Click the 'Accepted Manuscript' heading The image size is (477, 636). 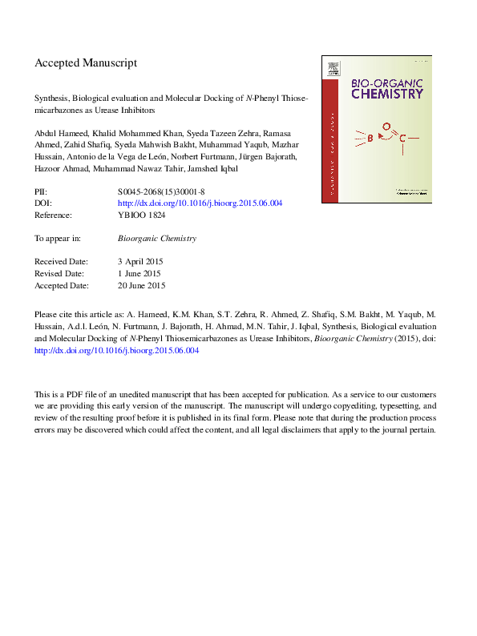click(x=86, y=62)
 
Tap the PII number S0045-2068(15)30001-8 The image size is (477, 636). click(x=161, y=192)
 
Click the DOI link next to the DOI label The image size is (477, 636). click(x=200, y=203)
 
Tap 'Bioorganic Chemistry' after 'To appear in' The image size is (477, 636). click(x=157, y=239)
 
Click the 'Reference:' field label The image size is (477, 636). click(x=53, y=215)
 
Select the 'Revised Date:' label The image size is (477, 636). click(x=59, y=274)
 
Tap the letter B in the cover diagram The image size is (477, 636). click(x=370, y=139)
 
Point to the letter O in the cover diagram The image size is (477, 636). click(x=386, y=127)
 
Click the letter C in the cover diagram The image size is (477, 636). click(x=402, y=139)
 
